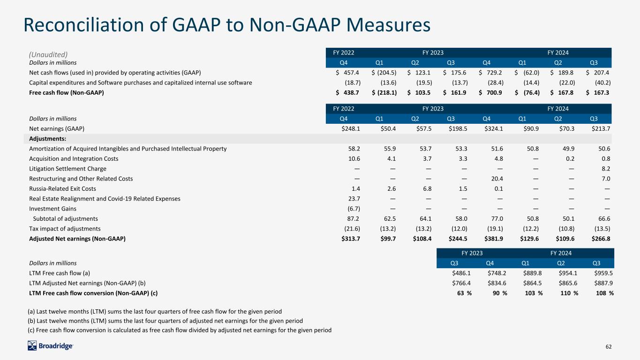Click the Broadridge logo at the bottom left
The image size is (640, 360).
click(x=50, y=346)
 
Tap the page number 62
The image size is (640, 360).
click(x=609, y=346)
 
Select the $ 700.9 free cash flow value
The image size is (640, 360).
click(x=490, y=92)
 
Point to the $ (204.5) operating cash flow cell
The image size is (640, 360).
click(x=384, y=73)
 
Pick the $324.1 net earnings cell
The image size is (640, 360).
click(x=494, y=128)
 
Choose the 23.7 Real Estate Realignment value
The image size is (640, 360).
click(x=354, y=199)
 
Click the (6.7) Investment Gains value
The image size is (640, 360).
click(x=354, y=209)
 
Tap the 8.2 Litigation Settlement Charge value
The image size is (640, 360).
click(x=606, y=169)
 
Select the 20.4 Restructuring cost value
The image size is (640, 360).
click(x=497, y=179)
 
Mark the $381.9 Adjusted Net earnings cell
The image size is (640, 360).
click(x=494, y=239)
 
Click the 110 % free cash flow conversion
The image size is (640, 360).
click(x=569, y=293)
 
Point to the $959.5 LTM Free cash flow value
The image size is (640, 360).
click(x=603, y=273)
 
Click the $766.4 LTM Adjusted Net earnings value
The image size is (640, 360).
click(x=461, y=283)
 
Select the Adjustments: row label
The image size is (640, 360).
click(x=47, y=139)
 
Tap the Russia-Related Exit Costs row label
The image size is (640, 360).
click(x=62, y=188)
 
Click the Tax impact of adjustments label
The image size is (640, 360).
click(x=65, y=229)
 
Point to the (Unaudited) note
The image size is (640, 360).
click(x=48, y=54)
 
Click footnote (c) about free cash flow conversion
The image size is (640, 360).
click(x=180, y=330)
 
